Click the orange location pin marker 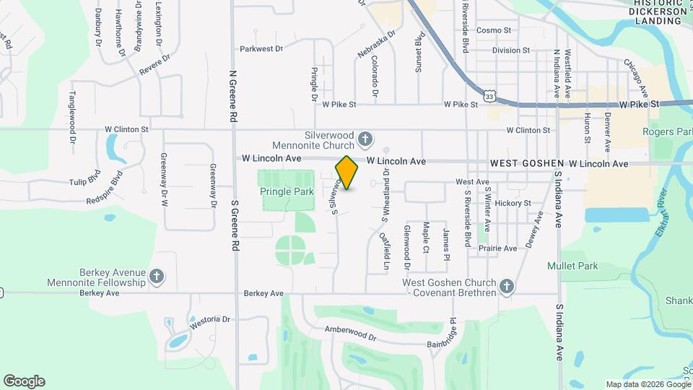coord(347,172)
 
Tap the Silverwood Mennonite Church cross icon coord(366,138)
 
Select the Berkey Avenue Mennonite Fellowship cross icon coord(157,276)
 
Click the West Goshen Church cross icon coord(506,287)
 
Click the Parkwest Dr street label coord(261,49)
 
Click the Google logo coord(24,381)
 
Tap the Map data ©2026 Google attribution coord(647,384)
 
